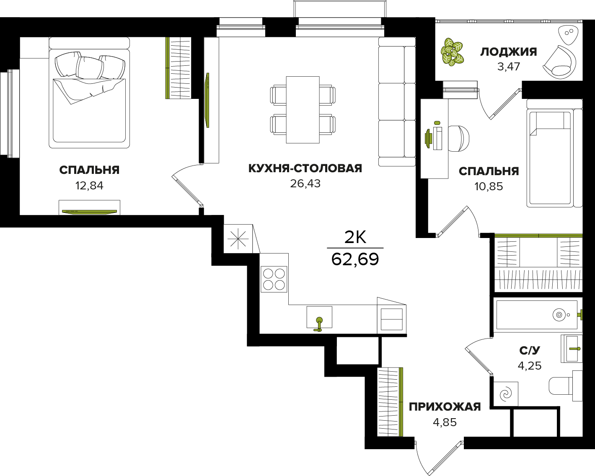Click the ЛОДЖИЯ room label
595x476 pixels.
(x=508, y=52)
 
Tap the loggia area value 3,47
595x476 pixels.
(x=509, y=67)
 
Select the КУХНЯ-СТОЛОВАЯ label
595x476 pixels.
(x=305, y=168)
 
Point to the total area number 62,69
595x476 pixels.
(x=355, y=259)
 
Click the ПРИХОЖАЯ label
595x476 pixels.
(x=445, y=407)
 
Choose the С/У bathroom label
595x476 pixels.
(x=530, y=350)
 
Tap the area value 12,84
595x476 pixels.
(x=89, y=186)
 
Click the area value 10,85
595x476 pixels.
(x=489, y=187)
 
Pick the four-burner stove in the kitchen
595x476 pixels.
(x=274, y=279)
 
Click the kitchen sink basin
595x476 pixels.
(x=319, y=317)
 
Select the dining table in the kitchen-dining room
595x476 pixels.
(x=303, y=110)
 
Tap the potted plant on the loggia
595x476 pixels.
(x=452, y=52)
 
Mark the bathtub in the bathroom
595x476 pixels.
(x=537, y=315)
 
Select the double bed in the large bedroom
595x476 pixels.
(x=89, y=93)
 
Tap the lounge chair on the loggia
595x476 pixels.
(x=559, y=62)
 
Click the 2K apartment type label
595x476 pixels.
(x=355, y=237)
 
